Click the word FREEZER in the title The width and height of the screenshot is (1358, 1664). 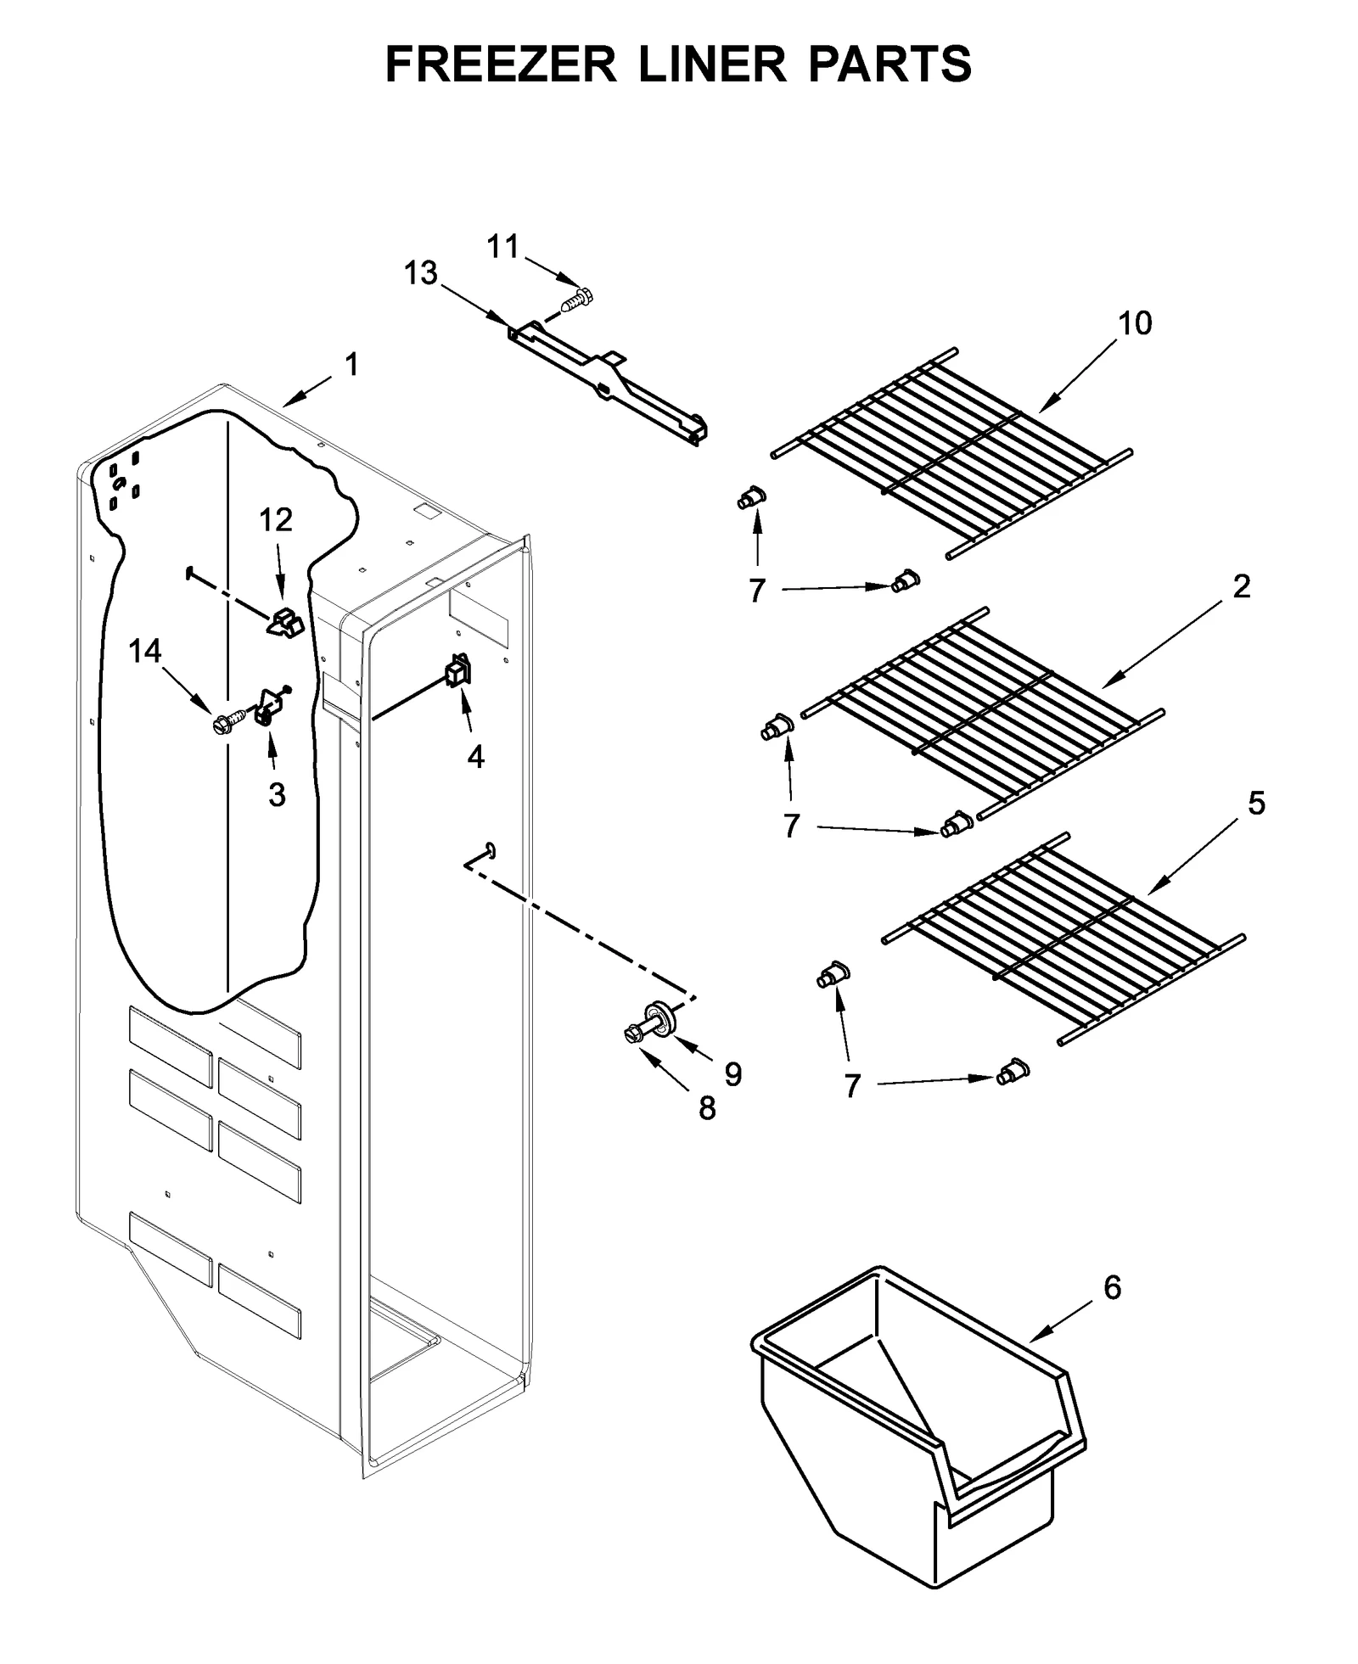(x=501, y=64)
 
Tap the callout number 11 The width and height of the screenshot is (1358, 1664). (x=502, y=247)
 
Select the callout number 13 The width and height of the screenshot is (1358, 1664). (x=421, y=274)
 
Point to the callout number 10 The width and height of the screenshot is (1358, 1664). (x=1135, y=323)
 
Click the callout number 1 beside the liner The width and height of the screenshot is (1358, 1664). (x=351, y=366)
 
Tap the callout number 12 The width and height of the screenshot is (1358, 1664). (x=276, y=519)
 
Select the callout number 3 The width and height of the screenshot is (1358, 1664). (x=277, y=795)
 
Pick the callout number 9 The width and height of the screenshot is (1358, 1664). (x=732, y=1074)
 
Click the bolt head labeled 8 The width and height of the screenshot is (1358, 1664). (x=631, y=1033)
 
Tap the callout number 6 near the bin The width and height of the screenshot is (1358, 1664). (x=1112, y=1287)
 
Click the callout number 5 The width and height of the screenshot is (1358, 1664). (x=1256, y=803)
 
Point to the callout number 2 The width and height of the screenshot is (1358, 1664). (x=1241, y=586)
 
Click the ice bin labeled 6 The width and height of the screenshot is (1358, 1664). (x=917, y=1434)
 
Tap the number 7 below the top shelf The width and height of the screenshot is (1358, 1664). (x=757, y=590)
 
